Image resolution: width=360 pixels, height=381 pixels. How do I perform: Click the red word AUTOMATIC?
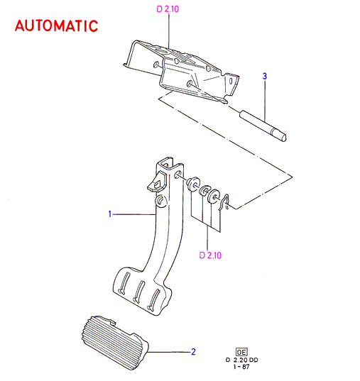click(56, 26)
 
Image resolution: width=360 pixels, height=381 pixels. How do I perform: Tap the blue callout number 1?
click(110, 214)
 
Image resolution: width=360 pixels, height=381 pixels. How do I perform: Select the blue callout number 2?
click(193, 352)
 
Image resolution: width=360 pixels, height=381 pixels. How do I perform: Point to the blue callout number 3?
click(265, 76)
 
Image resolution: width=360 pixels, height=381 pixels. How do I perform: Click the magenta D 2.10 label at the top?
click(168, 9)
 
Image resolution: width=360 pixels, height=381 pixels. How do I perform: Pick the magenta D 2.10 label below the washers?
click(210, 255)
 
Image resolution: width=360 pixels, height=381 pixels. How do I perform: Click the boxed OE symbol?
click(241, 352)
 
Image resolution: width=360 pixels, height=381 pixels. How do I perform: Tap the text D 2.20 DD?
click(241, 360)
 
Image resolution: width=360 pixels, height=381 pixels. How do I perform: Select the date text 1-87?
click(241, 367)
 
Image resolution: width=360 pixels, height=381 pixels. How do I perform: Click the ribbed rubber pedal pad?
click(115, 343)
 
